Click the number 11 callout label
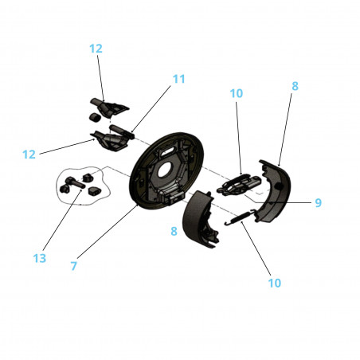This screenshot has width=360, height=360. point(178,79)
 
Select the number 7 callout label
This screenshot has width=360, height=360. point(73,266)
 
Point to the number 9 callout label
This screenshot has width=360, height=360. point(318,203)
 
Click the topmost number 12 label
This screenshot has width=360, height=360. point(96,49)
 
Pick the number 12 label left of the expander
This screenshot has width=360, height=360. point(29,154)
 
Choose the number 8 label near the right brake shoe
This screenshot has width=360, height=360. point(295,85)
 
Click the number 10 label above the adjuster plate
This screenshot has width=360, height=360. point(237,93)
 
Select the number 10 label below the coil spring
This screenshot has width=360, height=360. point(275,282)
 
